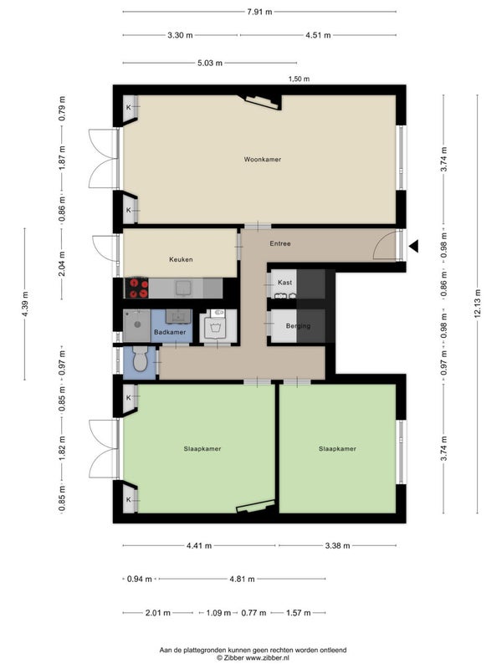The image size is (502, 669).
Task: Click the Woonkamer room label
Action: (x=263, y=159)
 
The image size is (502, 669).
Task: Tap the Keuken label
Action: (x=181, y=259)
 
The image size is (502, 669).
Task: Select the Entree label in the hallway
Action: (x=280, y=243)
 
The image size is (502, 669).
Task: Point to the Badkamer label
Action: (x=170, y=332)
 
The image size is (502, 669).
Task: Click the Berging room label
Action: (x=298, y=326)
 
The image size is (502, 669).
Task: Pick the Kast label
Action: (x=284, y=283)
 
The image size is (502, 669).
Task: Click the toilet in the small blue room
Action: (x=140, y=359)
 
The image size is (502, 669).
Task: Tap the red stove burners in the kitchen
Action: (x=136, y=288)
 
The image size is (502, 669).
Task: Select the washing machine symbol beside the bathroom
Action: (x=218, y=326)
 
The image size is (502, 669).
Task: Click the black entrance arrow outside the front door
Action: (x=413, y=246)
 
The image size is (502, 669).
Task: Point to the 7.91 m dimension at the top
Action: (x=259, y=12)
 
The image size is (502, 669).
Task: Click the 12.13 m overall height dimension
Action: (x=477, y=304)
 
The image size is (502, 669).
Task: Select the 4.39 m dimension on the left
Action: (x=25, y=304)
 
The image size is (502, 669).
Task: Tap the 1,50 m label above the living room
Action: (x=299, y=79)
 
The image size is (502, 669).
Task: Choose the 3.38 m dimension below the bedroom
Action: (x=337, y=545)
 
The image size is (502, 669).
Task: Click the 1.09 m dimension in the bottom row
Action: (x=218, y=613)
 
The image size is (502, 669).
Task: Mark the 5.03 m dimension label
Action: (x=210, y=64)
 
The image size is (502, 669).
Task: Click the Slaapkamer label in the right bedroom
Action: (x=337, y=449)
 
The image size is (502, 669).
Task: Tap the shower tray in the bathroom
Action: (x=137, y=325)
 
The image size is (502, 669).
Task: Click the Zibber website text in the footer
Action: (x=253, y=658)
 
